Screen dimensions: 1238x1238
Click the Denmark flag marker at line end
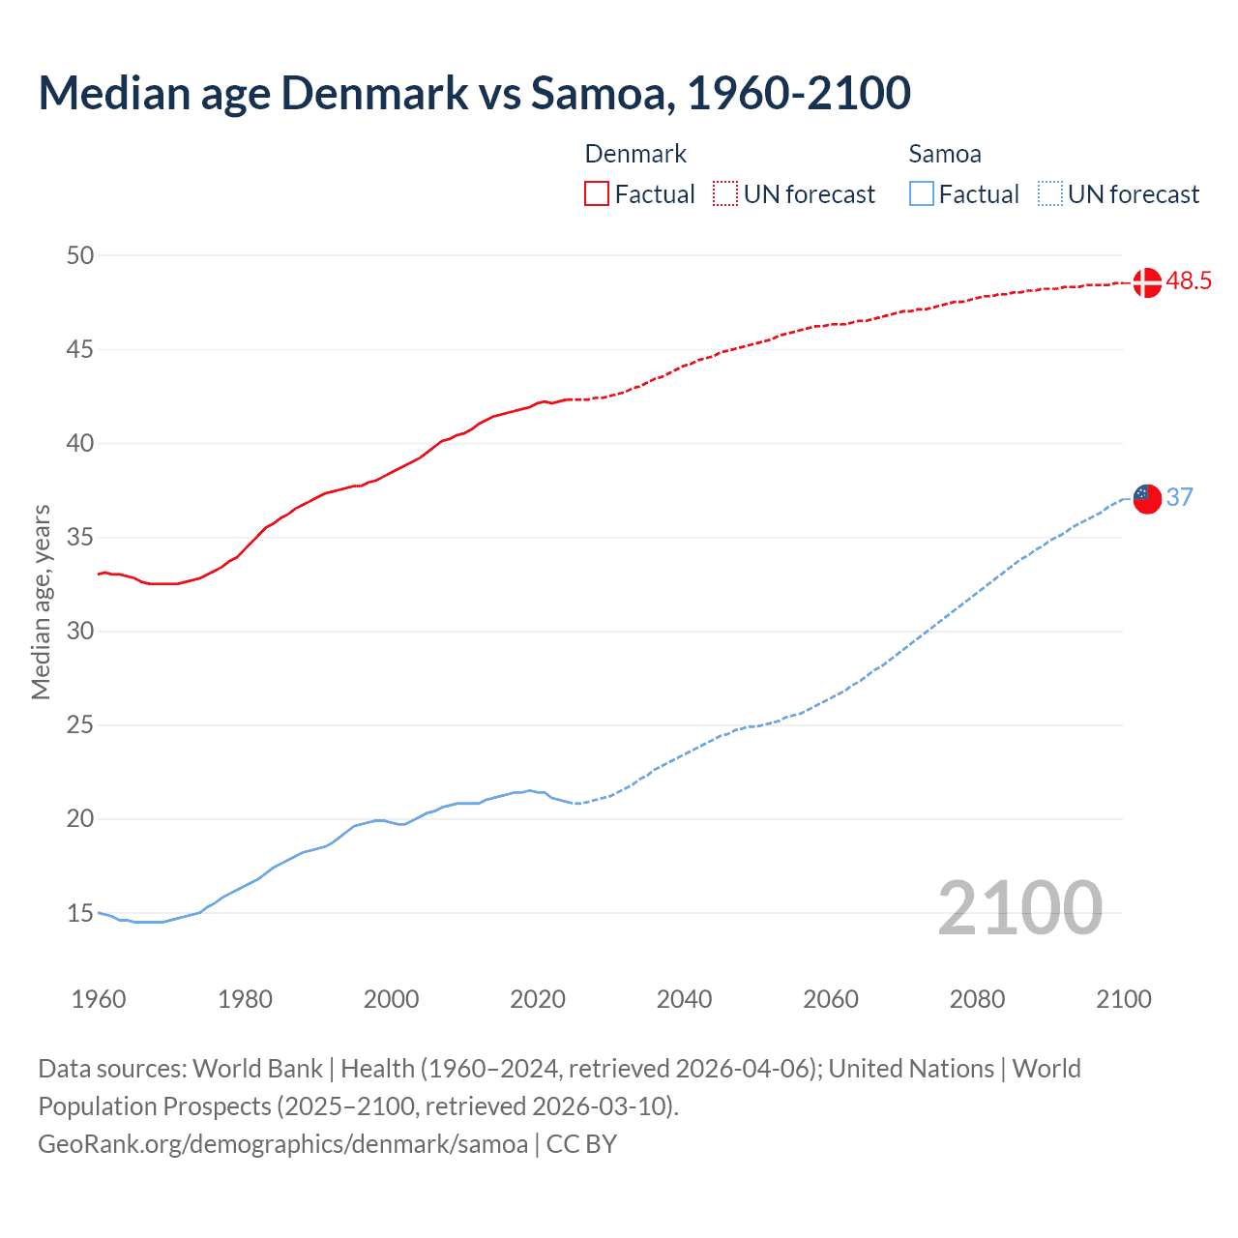pos(1146,282)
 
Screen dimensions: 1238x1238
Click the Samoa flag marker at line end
pos(1146,498)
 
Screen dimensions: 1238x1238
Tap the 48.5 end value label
pos(1189,281)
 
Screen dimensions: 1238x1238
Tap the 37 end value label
pos(1179,497)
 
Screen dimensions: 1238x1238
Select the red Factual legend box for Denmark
pos(597,193)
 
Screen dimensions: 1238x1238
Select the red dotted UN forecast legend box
pos(725,193)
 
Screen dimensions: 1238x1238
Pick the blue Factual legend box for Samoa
pos(922,193)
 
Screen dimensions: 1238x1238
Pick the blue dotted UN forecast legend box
pos(1049,193)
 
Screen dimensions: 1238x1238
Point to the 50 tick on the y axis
pos(80,255)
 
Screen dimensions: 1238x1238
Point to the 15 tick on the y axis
pos(80,913)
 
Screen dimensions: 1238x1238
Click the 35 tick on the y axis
pos(80,537)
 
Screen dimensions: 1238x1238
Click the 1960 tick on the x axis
pos(99,999)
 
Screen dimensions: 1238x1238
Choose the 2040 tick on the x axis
pos(684,999)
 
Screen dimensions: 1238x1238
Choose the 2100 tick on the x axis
pos(1124,999)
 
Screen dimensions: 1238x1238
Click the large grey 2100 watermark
pos(1019,907)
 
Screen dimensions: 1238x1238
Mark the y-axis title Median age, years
pos(41,602)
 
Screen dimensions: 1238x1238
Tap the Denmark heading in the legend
pos(635,154)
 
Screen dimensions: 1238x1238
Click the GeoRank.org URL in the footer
pos(282,1143)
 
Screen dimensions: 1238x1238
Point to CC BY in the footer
pos(581,1143)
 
